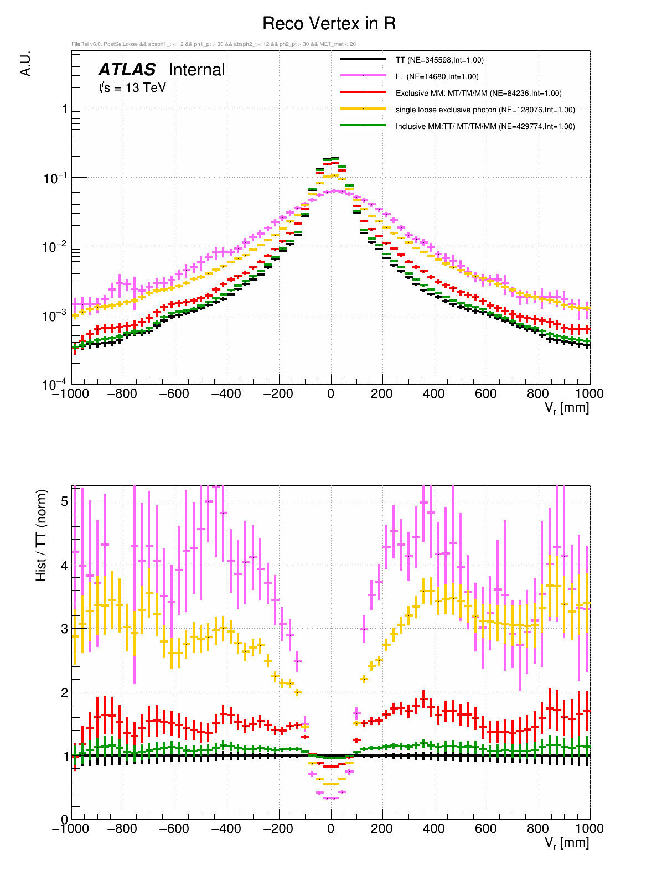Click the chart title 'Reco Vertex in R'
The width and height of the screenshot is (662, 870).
[x=329, y=24]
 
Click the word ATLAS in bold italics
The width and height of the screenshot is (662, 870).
[x=127, y=70]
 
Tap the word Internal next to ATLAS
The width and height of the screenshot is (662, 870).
[x=196, y=70]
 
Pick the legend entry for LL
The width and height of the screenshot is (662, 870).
[x=437, y=76]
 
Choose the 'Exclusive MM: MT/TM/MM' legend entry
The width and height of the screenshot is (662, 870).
[x=478, y=93]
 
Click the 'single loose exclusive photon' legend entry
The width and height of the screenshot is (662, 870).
[x=485, y=110]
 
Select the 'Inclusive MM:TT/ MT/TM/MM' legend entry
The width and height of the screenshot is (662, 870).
[x=485, y=126]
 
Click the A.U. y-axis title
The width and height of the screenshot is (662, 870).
[x=25, y=64]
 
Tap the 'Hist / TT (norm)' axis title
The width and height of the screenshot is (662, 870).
[x=41, y=535]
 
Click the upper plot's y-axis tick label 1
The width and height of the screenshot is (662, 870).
[x=65, y=110]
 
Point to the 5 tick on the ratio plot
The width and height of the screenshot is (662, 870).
[x=65, y=501]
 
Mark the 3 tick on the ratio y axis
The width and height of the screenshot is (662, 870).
[x=65, y=629]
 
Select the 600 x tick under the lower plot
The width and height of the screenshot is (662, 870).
[x=486, y=828]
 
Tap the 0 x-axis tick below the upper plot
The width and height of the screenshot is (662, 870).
[x=330, y=394]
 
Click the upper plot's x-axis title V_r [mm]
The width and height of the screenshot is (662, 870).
[x=566, y=408]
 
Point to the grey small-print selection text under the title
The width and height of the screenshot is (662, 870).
[x=214, y=44]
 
